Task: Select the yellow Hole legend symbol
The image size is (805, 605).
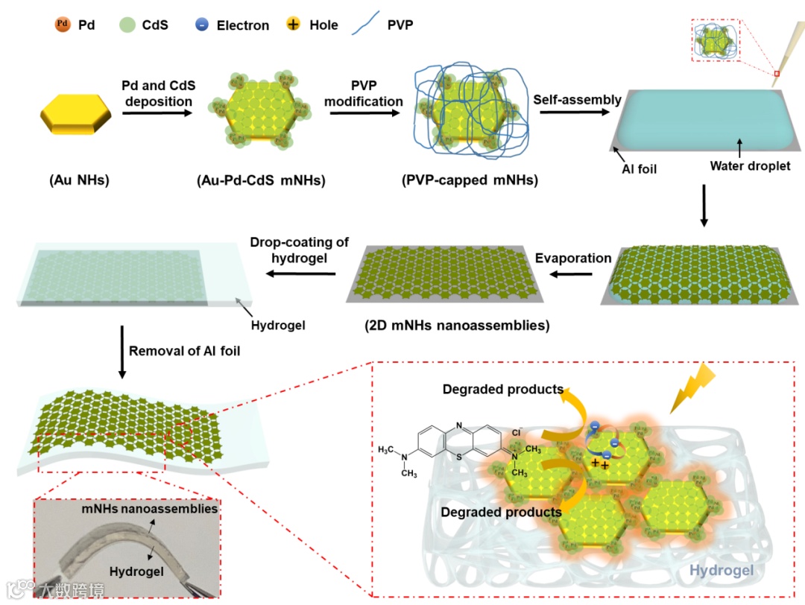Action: pos(293,25)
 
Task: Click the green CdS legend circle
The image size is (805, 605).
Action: pos(128,25)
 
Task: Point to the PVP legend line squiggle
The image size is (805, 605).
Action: pos(369,25)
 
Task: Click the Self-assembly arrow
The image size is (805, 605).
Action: pos(576,113)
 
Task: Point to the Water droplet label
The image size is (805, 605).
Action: pos(750,166)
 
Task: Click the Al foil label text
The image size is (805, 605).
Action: pos(640,169)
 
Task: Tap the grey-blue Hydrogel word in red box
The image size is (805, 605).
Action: pos(722,571)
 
